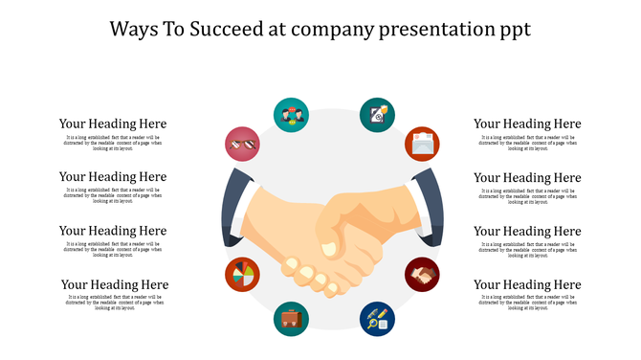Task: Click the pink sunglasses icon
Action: [x=242, y=144]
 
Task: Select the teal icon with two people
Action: [x=291, y=114]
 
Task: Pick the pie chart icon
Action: [x=242, y=275]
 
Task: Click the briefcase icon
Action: [x=291, y=319]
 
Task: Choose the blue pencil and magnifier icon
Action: [x=377, y=319]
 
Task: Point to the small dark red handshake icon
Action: [x=422, y=275]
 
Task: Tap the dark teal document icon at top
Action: [x=377, y=114]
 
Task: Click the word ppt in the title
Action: [x=512, y=29]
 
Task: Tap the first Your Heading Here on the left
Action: [x=113, y=124]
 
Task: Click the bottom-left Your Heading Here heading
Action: [x=115, y=284]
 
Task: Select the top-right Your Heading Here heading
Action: [x=527, y=124]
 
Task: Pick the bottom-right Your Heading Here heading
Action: [x=527, y=284]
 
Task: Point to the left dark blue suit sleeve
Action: [x=232, y=206]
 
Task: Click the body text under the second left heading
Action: [x=113, y=195]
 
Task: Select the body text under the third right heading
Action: [x=527, y=249]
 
